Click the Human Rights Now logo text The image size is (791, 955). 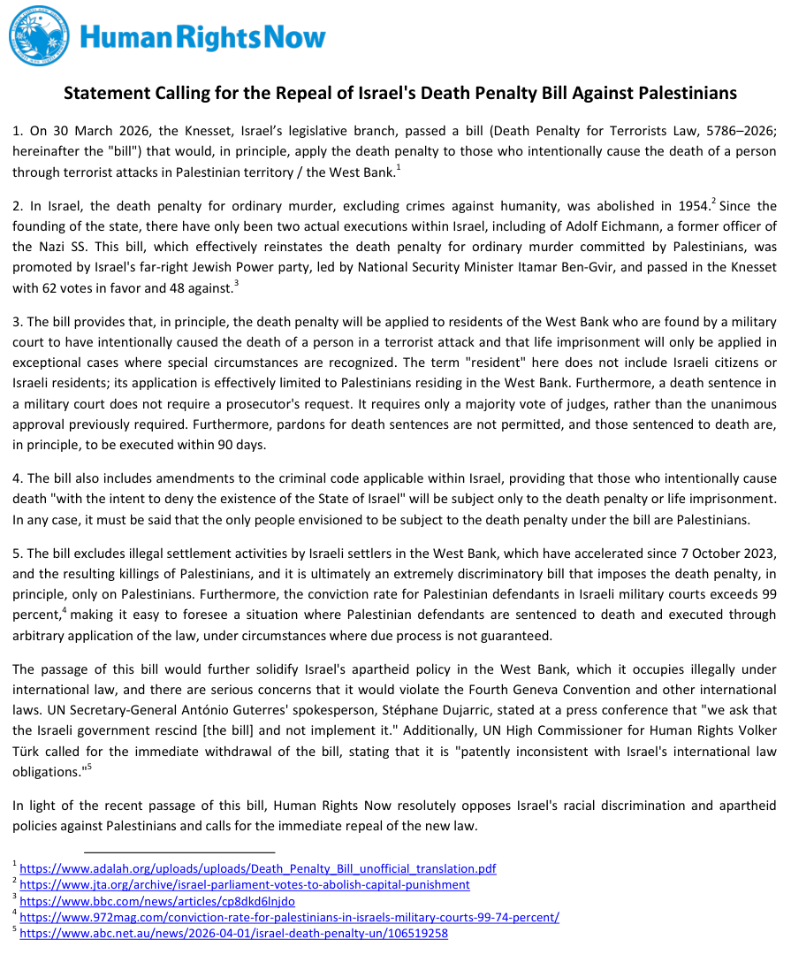pyautogui.click(x=202, y=37)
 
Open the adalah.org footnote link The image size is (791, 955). pyautogui.click(x=257, y=868)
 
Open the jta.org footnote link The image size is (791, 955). pyautogui.click(x=244, y=884)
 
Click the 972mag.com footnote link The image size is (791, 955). pyautogui.click(x=289, y=917)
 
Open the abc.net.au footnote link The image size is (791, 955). pyautogui.click(x=233, y=933)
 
